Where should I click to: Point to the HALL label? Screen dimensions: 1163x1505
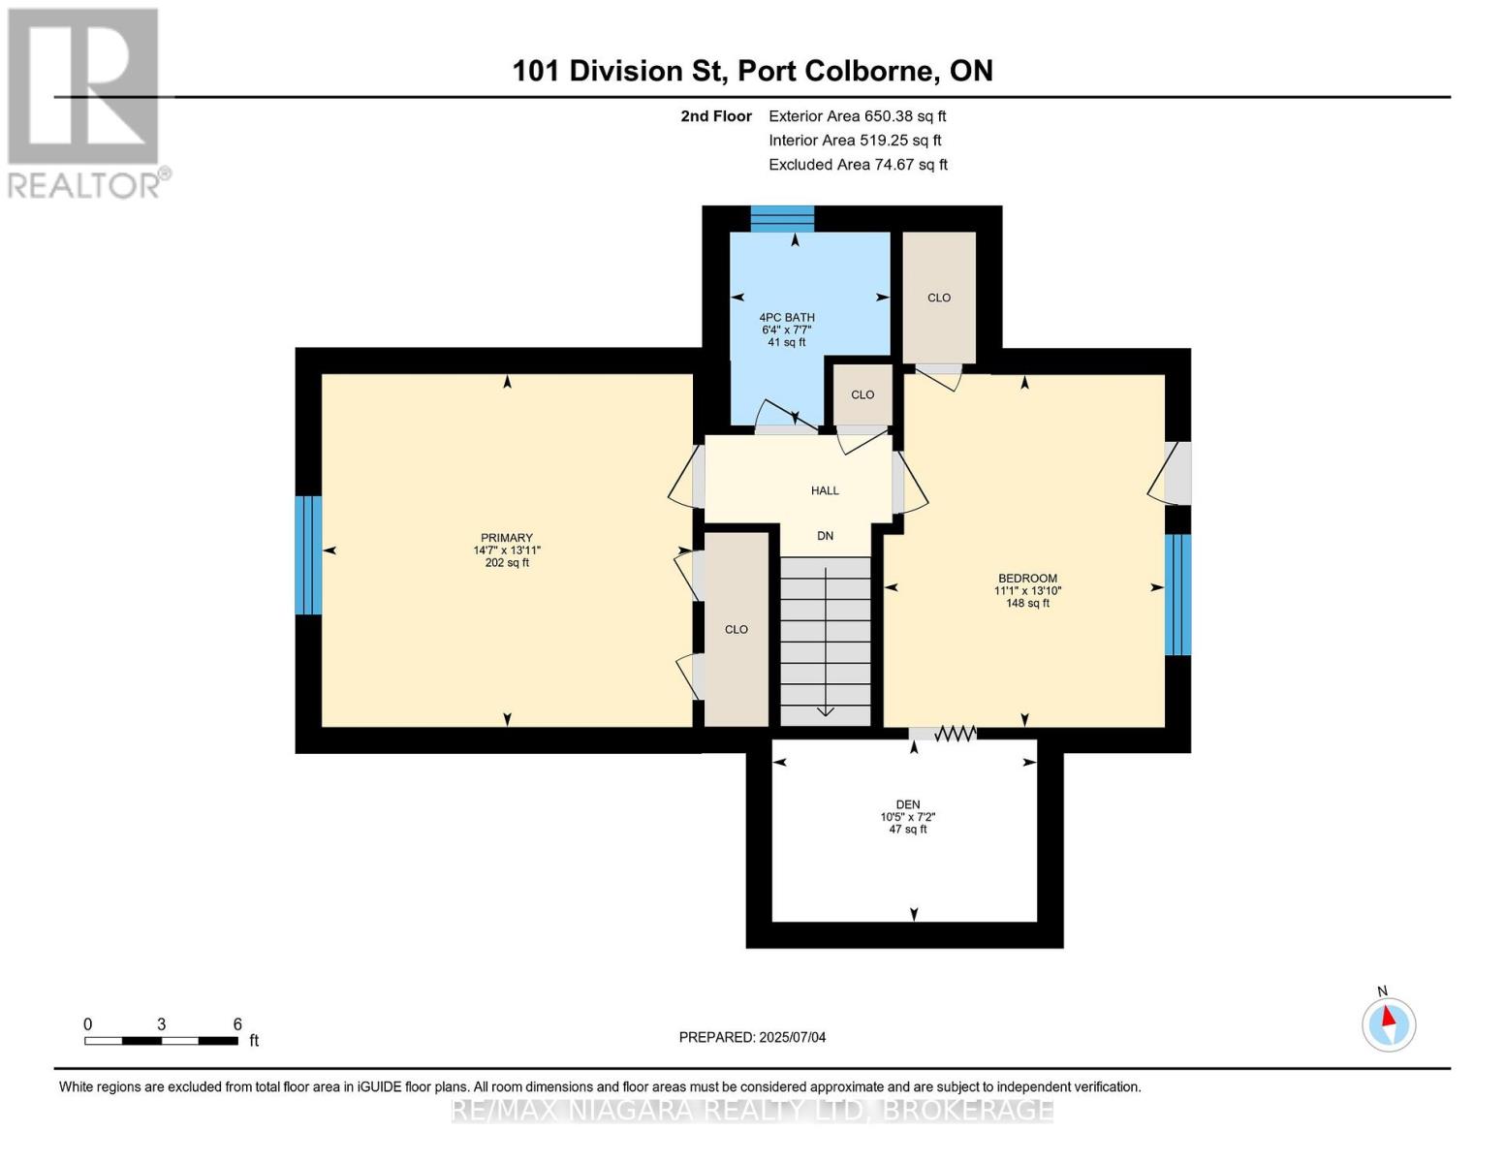[x=825, y=490]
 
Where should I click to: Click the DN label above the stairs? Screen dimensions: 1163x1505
[x=825, y=536]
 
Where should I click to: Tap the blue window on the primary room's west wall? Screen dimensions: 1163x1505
[x=308, y=555]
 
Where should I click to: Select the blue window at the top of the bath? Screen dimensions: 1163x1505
[x=782, y=219]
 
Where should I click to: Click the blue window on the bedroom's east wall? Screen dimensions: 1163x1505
[x=1177, y=594]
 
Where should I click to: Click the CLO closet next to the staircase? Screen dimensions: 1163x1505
[x=737, y=629]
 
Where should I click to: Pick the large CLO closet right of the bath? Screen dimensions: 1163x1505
[x=939, y=298]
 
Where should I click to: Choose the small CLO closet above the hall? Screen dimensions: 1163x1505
[x=862, y=394]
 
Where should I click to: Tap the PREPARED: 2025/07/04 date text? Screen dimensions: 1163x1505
[x=752, y=1037]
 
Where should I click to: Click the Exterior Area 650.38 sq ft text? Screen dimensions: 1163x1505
[x=857, y=116]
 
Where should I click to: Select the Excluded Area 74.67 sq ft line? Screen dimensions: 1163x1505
[x=858, y=165]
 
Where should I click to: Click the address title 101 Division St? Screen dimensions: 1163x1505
[x=752, y=71]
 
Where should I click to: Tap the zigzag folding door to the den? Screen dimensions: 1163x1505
[x=955, y=735]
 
